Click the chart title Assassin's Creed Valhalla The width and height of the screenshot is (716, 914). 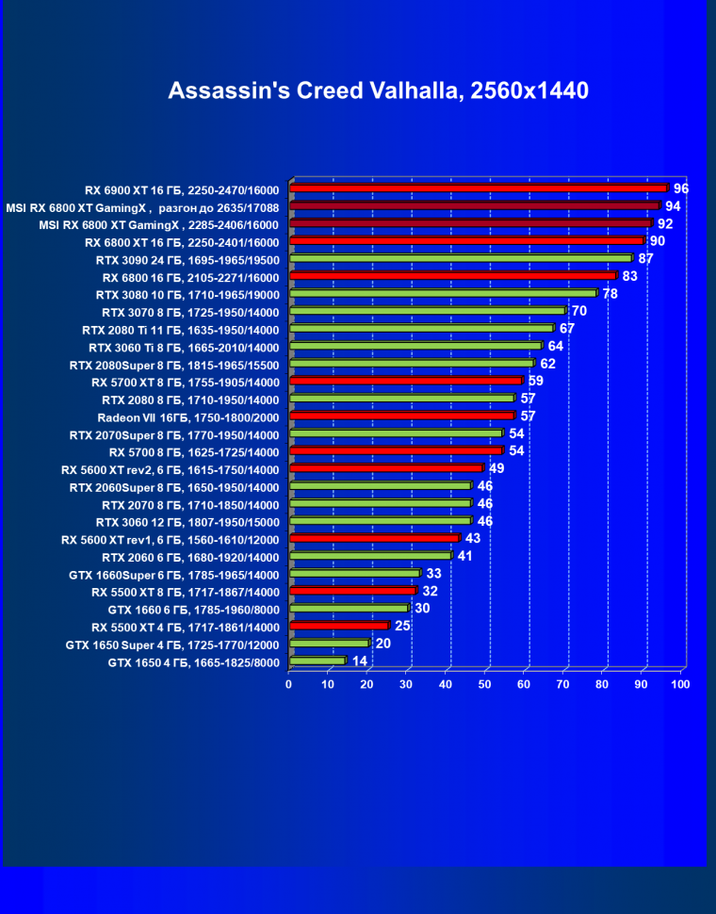378,90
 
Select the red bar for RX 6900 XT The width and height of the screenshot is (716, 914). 479,188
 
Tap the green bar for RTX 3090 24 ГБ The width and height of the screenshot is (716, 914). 461,258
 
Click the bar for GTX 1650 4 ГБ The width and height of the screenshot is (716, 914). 318,661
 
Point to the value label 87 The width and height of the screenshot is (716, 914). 646,258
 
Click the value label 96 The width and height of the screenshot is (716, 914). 681,188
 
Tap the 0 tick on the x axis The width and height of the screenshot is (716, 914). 289,684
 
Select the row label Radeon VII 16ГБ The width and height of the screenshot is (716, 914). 188,416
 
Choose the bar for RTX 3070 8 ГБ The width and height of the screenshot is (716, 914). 428,311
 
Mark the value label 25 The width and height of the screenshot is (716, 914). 403,626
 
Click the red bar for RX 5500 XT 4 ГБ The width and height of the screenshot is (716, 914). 339,626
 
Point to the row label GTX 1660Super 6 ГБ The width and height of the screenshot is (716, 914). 174,574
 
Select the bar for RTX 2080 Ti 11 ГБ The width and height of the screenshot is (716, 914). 421,329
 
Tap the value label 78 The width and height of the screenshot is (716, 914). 610,294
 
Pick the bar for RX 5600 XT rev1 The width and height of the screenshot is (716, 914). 374,539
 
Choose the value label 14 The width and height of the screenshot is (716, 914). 360,661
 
